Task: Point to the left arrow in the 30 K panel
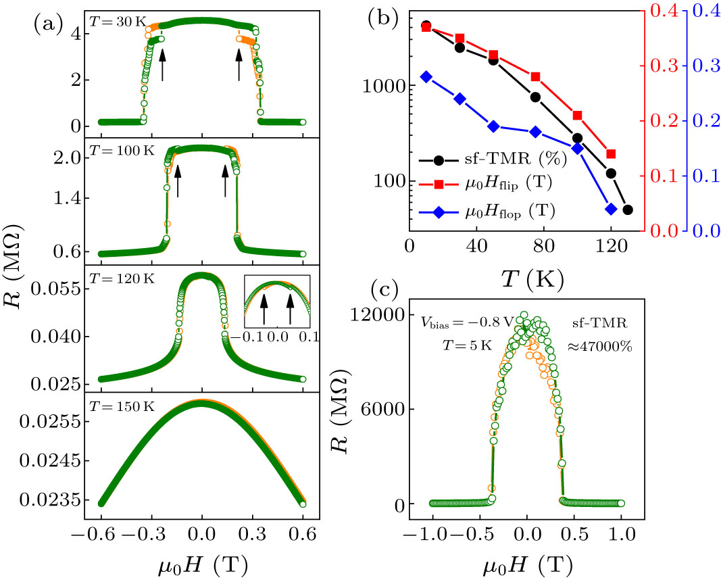[162, 66]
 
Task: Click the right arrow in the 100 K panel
[226, 182]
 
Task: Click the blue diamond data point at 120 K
[611, 209]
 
